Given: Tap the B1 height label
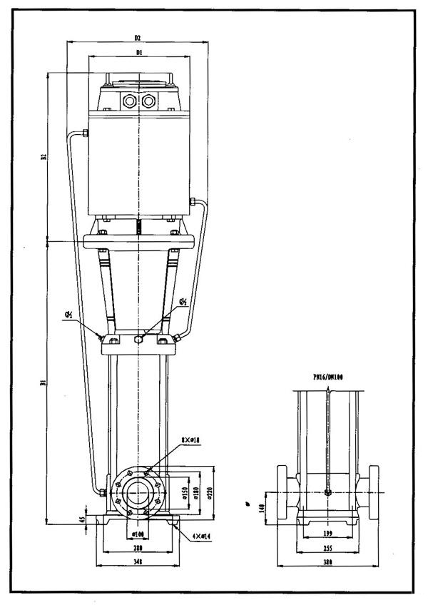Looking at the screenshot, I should [44, 383].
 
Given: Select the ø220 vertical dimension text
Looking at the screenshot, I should [211, 493].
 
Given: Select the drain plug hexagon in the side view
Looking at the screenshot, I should [327, 492].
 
